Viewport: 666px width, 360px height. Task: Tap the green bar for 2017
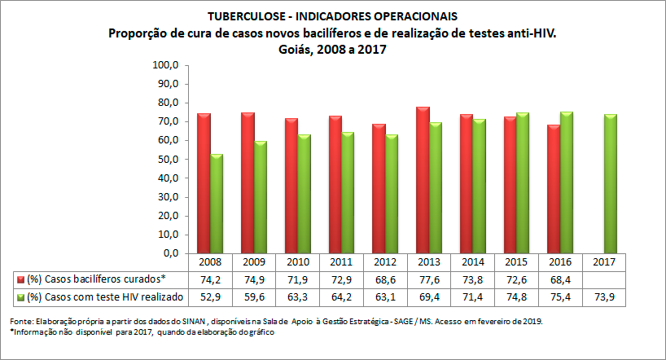(609, 183)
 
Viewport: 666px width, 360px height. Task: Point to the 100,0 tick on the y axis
(165, 65)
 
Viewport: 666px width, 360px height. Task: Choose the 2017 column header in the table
(603, 262)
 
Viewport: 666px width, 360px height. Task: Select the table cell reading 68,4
(559, 279)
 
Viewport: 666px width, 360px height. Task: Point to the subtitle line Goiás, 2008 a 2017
(331, 49)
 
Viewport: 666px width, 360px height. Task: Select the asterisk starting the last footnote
(11, 331)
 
